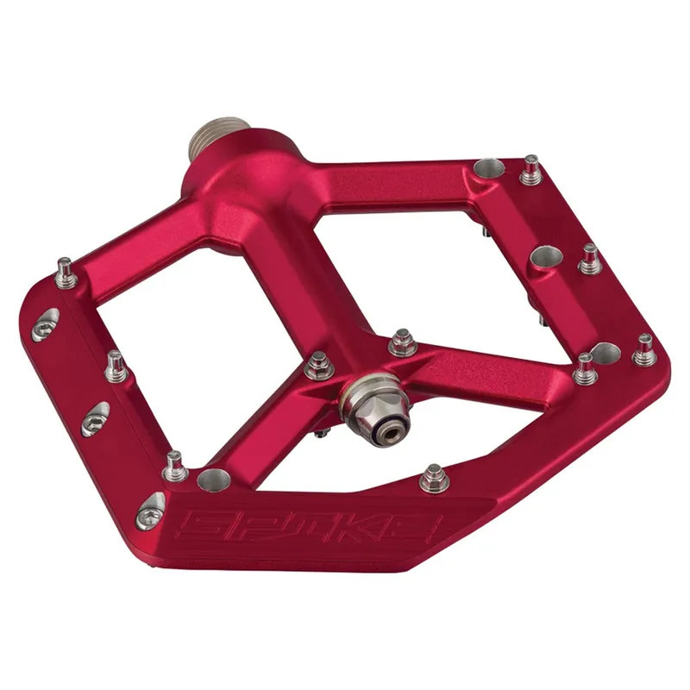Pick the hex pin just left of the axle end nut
coord(318,365)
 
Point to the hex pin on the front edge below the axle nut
coord(435,478)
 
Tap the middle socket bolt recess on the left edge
coord(95,419)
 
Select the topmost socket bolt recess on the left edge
coord(46,325)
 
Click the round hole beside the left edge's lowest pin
coord(213,480)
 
